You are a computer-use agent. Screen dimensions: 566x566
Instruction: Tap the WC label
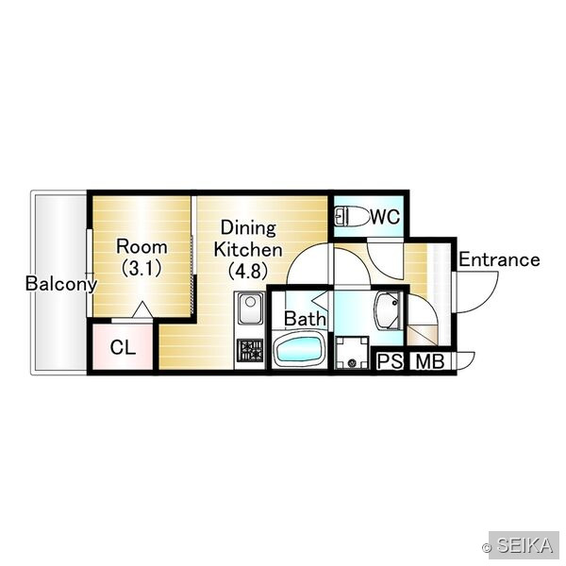pos(385,217)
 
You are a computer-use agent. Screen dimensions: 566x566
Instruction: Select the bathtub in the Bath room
pos(299,350)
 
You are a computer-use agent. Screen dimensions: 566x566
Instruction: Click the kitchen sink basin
pos(250,308)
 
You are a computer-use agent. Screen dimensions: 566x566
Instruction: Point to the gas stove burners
pos(250,350)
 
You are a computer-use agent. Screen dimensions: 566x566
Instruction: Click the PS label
pos(390,360)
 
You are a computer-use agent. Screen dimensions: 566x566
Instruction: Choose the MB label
pos(430,361)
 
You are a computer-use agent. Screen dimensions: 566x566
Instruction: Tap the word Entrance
pos(499,259)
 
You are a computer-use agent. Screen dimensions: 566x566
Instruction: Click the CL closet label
pos(123,347)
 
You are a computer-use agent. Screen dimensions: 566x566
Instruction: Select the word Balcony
pos(61,284)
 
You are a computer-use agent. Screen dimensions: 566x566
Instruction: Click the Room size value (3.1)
pos(141,268)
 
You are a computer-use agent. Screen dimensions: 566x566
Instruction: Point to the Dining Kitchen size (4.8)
pos(248,271)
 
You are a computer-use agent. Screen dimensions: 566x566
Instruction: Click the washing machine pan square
pos(352,353)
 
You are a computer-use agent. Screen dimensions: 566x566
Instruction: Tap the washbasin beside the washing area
pos(388,310)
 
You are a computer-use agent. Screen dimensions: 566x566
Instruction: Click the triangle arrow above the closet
pos(143,309)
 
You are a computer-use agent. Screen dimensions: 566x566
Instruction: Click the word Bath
pos(305,319)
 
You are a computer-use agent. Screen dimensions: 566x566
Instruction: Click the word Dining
pos(248,228)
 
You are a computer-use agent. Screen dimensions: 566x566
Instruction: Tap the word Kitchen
pos(248,249)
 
